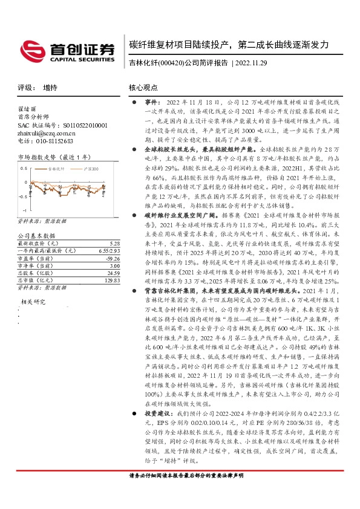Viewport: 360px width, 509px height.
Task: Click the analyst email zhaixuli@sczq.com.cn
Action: coord(44,132)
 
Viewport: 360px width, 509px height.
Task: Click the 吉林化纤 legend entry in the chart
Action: coord(61,168)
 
